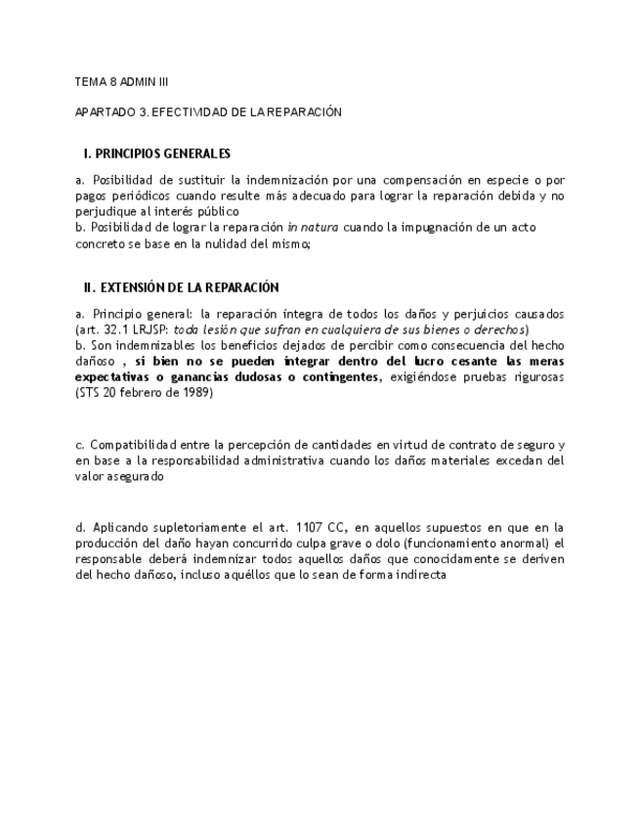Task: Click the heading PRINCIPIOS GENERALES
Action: pos(164,153)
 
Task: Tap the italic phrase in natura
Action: pos(313,228)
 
